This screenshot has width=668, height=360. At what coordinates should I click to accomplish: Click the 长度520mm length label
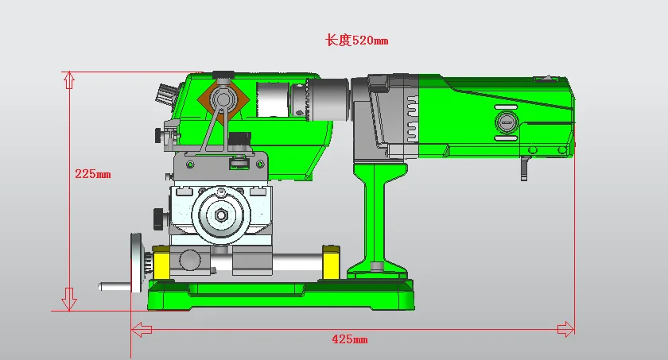tap(356, 41)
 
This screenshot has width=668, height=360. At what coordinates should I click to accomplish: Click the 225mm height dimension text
tap(93, 174)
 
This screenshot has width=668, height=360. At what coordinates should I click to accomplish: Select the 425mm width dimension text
tap(350, 339)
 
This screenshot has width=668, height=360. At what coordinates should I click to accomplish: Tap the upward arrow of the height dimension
tap(69, 80)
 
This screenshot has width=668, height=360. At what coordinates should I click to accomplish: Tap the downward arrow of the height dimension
tap(68, 299)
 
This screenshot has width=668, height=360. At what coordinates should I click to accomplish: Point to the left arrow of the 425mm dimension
tap(142, 329)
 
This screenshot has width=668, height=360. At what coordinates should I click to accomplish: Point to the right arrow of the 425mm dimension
tap(565, 329)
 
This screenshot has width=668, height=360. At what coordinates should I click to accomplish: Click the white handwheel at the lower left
tap(137, 262)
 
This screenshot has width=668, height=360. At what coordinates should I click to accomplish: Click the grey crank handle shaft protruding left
tap(115, 286)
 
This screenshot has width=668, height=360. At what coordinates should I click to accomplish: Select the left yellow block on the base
tap(162, 263)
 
